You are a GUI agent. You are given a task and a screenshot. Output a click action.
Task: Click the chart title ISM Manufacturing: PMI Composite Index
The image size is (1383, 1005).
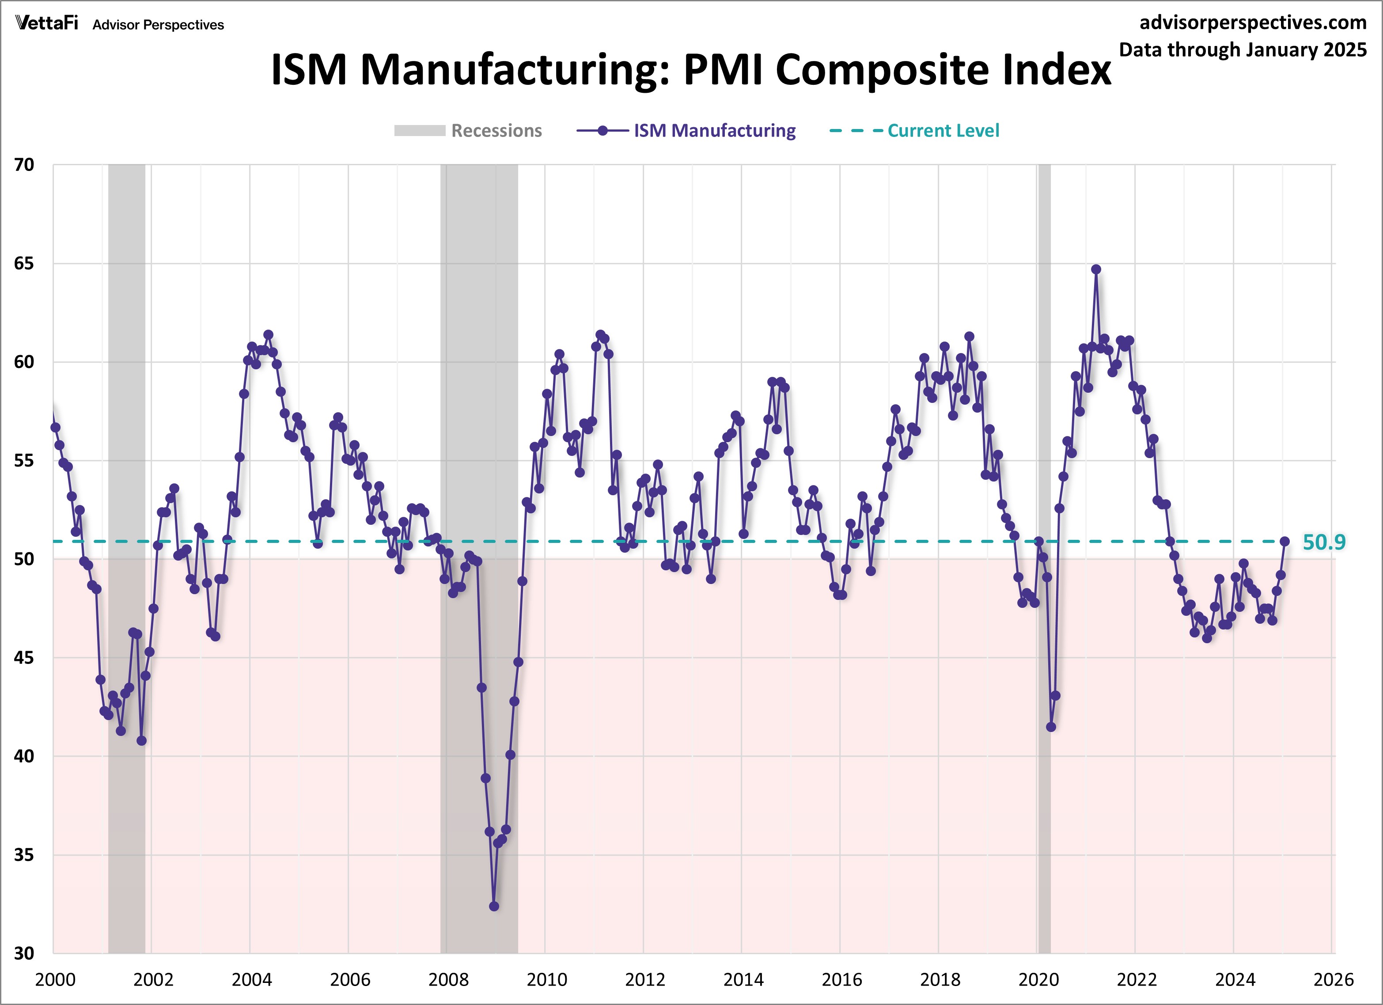coord(690,69)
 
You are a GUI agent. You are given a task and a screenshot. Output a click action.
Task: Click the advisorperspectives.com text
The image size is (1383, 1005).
coord(1253,23)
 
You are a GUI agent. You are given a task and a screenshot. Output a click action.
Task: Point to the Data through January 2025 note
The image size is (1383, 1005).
coord(1243,49)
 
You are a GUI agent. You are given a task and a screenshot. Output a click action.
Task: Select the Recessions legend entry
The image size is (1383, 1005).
coord(468,130)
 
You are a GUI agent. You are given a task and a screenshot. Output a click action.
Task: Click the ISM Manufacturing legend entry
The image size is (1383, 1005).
coord(686,130)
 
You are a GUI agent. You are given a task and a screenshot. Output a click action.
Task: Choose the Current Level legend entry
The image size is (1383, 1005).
coord(915,130)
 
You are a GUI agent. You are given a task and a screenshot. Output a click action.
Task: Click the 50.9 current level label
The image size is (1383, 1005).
coord(1323,542)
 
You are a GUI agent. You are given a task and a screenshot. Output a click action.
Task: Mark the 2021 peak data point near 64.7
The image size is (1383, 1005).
coord(1096,269)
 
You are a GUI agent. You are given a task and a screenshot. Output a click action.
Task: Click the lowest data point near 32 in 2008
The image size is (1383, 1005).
coord(494,906)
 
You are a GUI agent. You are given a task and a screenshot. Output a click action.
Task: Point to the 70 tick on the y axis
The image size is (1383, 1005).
coord(24,165)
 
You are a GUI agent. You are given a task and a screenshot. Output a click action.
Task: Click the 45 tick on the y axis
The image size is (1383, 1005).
coord(24,657)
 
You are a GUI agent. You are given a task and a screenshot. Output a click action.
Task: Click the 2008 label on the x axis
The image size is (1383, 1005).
coord(448,980)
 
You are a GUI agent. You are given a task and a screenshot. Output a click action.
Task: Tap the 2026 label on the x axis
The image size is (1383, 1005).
coord(1333,980)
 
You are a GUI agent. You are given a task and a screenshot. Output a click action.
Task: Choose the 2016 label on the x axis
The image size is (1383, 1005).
coord(841,980)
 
